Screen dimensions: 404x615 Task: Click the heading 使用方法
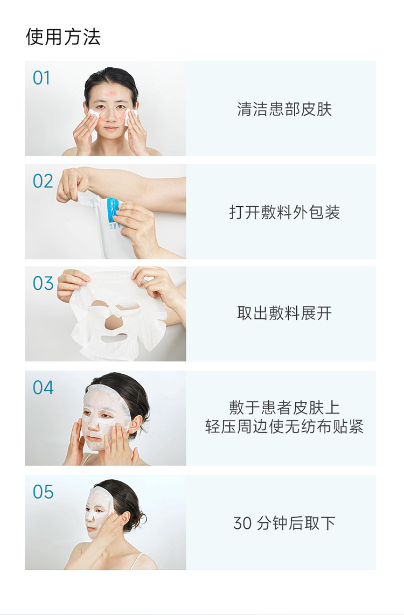(x=63, y=37)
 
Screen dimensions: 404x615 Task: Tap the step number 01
(x=41, y=78)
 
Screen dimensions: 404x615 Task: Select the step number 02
(x=43, y=181)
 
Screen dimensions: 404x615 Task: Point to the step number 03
(x=43, y=283)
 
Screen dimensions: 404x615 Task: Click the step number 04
(x=43, y=388)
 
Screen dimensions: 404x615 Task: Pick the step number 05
(x=43, y=492)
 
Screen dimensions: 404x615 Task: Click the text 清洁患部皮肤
(x=284, y=109)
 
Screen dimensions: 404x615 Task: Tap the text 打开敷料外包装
(x=284, y=212)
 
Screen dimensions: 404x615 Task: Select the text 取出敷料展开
(x=284, y=313)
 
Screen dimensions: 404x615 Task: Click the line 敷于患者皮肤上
(x=284, y=408)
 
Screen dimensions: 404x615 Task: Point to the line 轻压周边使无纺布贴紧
(x=284, y=427)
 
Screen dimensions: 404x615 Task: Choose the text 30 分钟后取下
(x=284, y=523)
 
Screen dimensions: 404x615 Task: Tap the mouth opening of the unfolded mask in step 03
(x=114, y=337)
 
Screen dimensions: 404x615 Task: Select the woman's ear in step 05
(x=124, y=519)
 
